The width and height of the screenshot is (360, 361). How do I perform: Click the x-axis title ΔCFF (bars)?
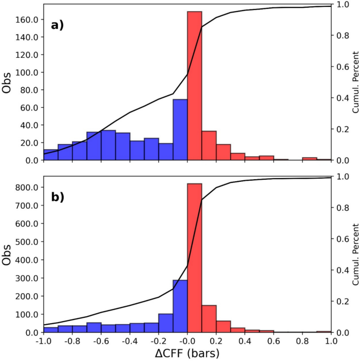tap(187, 353)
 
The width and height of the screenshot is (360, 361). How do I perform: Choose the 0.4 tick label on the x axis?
tap(245, 341)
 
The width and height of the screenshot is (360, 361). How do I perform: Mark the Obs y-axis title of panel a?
tap(7, 82)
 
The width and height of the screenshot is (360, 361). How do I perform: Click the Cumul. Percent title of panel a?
tap(355, 82)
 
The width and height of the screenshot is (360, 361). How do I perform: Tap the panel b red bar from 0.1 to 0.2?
tap(209, 319)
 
